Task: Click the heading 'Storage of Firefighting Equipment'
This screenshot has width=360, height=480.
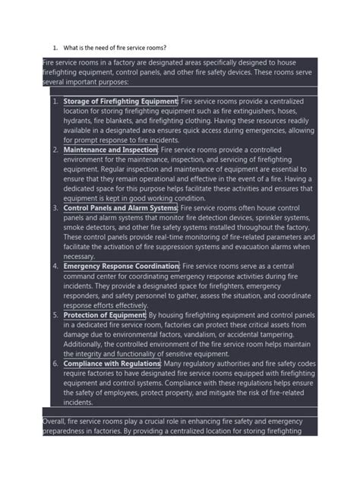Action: [121, 100]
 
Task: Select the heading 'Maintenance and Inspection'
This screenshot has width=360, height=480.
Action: [111, 150]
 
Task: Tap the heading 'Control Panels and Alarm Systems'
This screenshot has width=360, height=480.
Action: [120, 207]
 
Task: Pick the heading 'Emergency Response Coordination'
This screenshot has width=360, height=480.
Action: [121, 266]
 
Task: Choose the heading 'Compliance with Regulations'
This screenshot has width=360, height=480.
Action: [111, 364]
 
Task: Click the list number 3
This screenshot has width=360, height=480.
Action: [55, 207]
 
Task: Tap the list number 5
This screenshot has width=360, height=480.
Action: [55, 314]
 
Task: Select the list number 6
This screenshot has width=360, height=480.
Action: [55, 364]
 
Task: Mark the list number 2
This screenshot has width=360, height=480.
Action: [55, 150]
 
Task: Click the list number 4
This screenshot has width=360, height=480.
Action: [55, 266]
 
